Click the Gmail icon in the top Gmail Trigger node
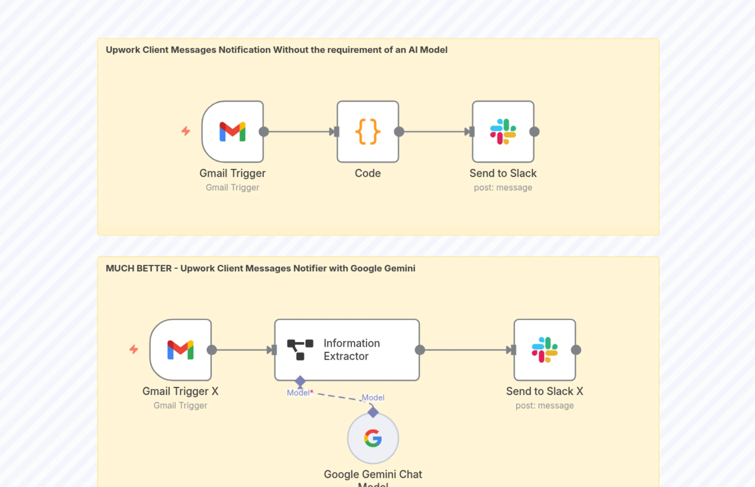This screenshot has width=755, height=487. tap(232, 132)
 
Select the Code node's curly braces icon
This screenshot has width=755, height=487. tap(368, 132)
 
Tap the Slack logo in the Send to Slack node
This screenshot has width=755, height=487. tap(503, 132)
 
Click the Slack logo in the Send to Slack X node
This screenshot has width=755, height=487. tap(544, 350)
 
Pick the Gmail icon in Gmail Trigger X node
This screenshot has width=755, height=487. tap(180, 350)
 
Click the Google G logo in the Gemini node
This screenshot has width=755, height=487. tap(373, 438)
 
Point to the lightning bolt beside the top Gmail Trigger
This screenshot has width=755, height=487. tap(186, 131)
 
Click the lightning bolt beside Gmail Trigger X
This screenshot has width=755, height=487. tap(134, 349)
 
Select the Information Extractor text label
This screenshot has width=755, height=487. tap(352, 349)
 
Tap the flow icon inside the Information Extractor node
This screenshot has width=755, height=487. tap(300, 350)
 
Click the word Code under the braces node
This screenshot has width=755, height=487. tap(368, 173)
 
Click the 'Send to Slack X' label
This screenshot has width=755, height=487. tap(544, 391)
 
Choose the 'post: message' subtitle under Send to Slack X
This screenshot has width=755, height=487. tap(544, 406)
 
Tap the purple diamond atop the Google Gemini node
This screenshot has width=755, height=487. tap(373, 412)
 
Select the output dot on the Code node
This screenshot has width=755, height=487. tap(399, 132)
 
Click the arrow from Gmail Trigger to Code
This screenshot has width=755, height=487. tap(299, 132)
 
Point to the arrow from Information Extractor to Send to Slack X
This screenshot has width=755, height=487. tap(466, 350)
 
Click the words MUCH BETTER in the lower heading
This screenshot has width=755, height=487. tap(138, 268)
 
